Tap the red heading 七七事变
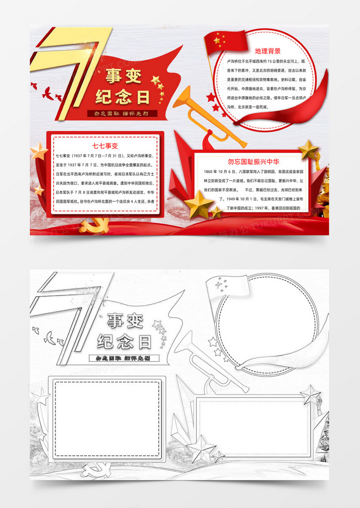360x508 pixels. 105,146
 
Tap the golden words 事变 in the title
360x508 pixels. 123,77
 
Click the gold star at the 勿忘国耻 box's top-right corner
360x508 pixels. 309,149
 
